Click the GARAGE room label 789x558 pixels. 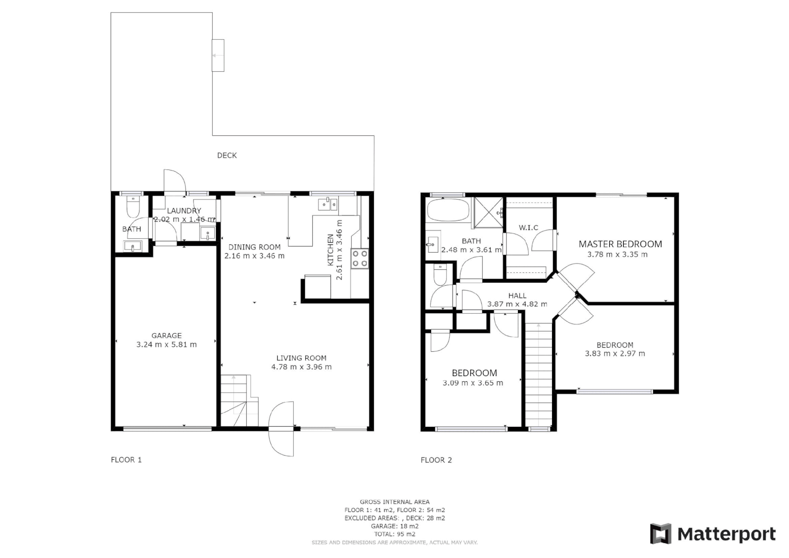coord(166,335)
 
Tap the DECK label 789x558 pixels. coord(227,155)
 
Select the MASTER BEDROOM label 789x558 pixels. coord(620,244)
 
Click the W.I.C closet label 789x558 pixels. coord(528,227)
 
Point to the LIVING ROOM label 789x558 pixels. coord(301,358)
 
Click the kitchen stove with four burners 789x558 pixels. coord(360,258)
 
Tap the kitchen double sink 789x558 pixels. coord(328,205)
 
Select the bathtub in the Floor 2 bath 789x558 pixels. coord(448,210)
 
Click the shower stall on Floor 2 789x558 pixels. coord(488,212)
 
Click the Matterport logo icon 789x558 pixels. coord(660,534)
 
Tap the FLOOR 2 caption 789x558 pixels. coord(436,460)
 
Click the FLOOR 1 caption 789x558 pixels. coord(126,460)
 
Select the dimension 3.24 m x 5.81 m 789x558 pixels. coord(166,345)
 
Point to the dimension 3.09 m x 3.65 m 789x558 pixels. coord(472,383)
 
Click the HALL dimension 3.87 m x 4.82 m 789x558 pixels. coord(517,304)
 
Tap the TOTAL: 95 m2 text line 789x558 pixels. coord(394,534)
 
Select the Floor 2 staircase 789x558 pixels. coord(539,375)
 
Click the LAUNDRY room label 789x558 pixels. coord(184,211)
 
